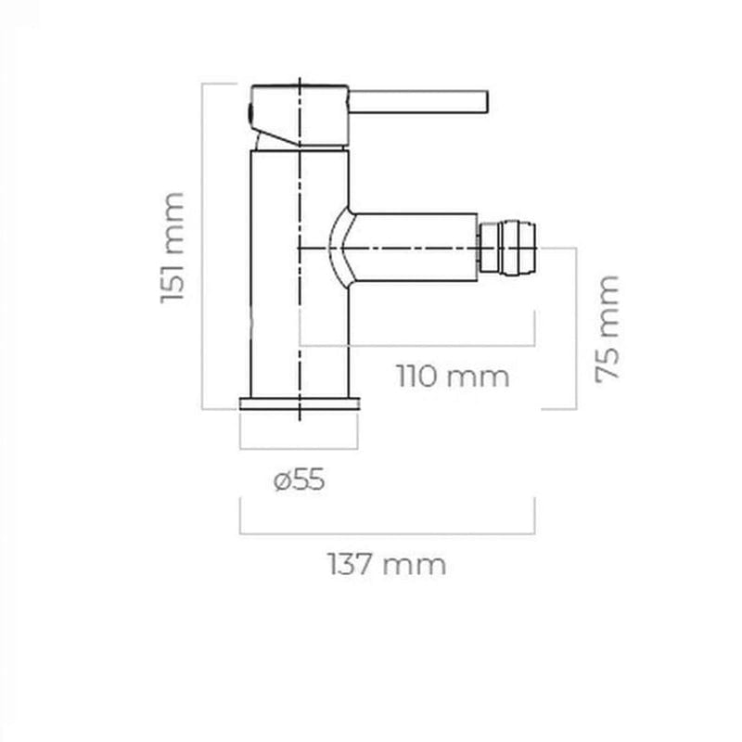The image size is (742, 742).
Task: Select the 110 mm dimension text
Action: coord(454,377)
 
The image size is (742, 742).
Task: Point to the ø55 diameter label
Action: coord(300,480)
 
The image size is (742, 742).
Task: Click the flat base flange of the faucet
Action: coord(299,404)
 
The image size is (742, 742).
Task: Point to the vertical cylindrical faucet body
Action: coord(278,278)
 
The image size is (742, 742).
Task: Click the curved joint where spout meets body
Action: coord(340,247)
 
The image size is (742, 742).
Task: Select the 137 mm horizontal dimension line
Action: coord(388,533)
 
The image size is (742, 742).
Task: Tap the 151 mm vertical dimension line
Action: coord(203,246)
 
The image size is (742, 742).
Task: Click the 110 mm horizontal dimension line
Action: coord(417,344)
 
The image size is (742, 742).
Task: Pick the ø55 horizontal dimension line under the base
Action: coord(299,447)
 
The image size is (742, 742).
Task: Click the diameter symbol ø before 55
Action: coord(281,481)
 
